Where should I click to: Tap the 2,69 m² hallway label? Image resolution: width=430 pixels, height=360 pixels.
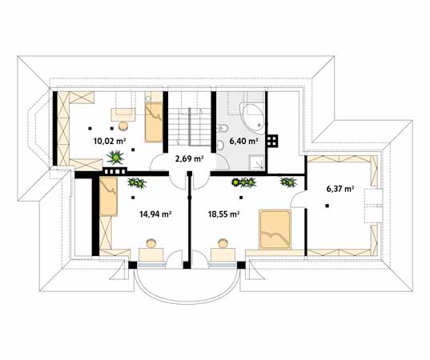click(x=189, y=158)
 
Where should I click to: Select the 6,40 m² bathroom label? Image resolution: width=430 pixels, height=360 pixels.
click(x=243, y=141)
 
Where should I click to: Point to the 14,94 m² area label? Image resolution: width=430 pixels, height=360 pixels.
click(x=135, y=214)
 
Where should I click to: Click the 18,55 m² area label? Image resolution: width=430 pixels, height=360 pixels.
click(x=223, y=214)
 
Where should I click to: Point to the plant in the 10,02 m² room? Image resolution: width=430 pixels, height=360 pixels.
click(x=117, y=157)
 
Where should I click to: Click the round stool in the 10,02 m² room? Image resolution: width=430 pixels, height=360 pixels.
click(x=123, y=125)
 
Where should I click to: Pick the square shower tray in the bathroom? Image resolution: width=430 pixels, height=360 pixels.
click(x=255, y=161)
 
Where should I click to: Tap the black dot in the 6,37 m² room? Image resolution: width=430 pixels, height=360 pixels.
click(x=328, y=206)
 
